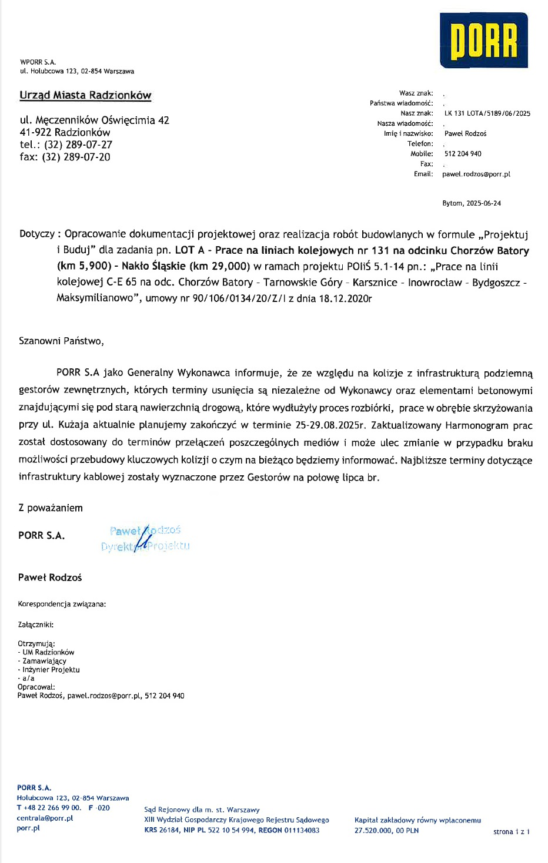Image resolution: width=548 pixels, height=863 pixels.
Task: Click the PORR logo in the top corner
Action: [x=483, y=41]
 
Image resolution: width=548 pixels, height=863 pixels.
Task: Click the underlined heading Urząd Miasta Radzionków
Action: [x=85, y=95]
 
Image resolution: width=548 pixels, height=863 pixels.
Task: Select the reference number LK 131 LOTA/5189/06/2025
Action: [x=487, y=113]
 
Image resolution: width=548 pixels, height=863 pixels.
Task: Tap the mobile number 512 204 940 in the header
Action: [x=463, y=154]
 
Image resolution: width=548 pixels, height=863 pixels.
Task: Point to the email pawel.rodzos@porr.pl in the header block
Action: [x=476, y=174]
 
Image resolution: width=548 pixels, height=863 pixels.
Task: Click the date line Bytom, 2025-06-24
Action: [x=472, y=203]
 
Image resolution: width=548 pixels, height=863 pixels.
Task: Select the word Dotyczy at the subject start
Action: [x=36, y=234]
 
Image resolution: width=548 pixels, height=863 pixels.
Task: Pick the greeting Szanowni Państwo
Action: [x=61, y=341]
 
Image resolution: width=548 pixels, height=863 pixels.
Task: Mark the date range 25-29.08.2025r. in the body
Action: [x=330, y=425]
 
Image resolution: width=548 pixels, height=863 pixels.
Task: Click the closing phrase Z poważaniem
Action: [x=51, y=508]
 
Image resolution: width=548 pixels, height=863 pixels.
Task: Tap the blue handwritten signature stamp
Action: [x=145, y=538]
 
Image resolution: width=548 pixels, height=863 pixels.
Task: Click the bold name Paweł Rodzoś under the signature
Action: [x=50, y=577]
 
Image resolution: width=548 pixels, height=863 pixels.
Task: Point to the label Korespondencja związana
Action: [x=62, y=604]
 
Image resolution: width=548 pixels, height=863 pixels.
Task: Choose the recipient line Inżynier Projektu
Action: [x=51, y=670]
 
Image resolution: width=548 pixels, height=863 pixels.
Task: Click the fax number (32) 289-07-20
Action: [x=76, y=157]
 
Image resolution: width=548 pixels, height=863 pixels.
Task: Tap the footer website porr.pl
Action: [x=28, y=828]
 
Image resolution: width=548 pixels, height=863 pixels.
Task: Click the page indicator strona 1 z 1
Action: [x=511, y=831]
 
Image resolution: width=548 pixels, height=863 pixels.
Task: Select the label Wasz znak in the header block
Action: [x=416, y=93]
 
